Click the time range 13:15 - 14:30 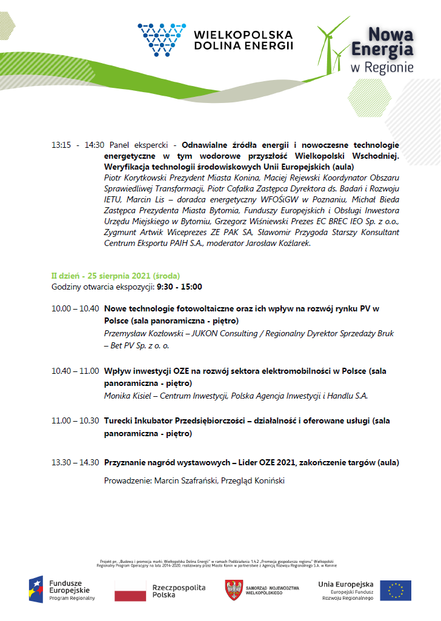coord(78,145)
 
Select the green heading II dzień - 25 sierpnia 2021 coord(115,276)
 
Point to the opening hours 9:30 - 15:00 coord(179,287)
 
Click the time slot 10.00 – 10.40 coord(75,308)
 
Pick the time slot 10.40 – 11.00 coord(75,370)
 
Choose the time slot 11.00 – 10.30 coord(75,420)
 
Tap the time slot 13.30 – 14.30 coord(75,462)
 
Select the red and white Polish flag coord(130,591)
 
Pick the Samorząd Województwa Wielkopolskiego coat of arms coord(234,589)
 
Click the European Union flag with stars coord(396,590)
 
